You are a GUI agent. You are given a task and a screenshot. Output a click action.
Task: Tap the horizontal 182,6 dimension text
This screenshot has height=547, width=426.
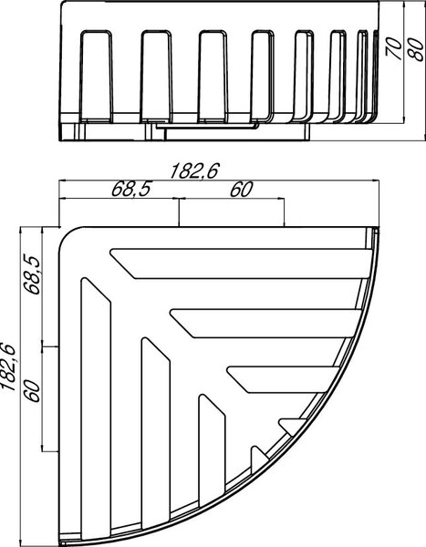(194, 171)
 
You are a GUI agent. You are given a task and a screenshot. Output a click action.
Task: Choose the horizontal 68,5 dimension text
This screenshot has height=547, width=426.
(131, 189)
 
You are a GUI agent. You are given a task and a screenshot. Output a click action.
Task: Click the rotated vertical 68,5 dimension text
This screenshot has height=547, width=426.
(32, 274)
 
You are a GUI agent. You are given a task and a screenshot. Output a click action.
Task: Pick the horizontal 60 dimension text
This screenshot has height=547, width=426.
(241, 190)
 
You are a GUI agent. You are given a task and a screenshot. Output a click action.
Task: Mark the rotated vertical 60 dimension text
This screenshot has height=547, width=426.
(32, 391)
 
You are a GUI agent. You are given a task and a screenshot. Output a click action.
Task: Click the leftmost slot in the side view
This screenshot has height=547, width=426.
(96, 77)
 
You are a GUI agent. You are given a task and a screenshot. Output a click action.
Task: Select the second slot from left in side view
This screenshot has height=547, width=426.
(156, 77)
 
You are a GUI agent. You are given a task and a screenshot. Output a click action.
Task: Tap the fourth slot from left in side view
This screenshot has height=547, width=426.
(263, 77)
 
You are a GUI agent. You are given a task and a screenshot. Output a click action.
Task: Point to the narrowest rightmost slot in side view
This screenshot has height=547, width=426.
(362, 77)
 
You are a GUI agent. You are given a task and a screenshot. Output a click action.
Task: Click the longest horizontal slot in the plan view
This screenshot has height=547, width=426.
(241, 263)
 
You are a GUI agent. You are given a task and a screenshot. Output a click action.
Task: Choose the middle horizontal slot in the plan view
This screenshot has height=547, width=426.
(266, 324)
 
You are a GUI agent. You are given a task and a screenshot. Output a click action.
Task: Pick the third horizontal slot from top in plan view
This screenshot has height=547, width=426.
(284, 379)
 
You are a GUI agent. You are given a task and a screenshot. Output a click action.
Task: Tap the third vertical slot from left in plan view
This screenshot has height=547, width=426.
(212, 450)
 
